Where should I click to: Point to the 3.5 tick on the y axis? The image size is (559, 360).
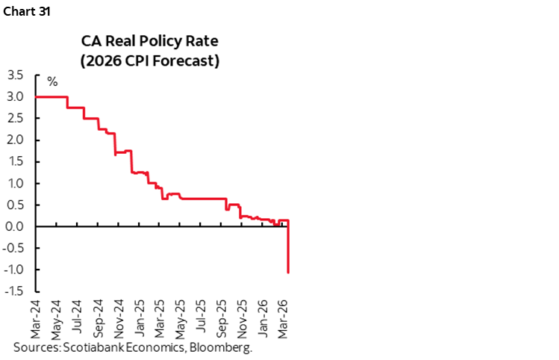[15, 75]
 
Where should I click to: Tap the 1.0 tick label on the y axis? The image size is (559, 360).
[15, 184]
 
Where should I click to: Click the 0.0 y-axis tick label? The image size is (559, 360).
[15, 227]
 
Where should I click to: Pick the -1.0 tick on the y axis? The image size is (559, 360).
[13, 270]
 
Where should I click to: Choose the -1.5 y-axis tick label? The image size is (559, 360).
[13, 292]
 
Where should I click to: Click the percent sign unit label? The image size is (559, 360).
[52, 81]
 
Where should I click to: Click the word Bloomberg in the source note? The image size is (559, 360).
[225, 348]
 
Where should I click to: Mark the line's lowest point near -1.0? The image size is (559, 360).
[289, 273]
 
